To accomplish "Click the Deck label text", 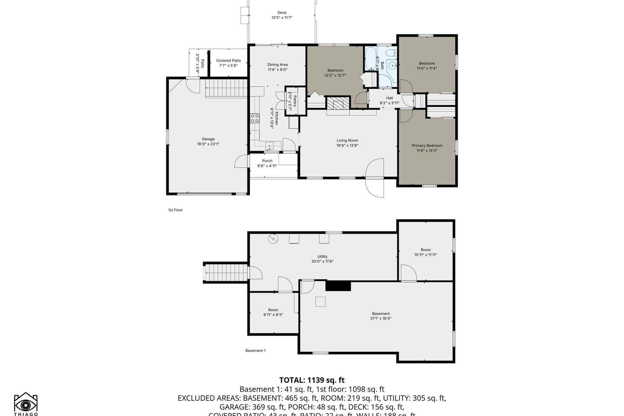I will pyautogui.click(x=282, y=13).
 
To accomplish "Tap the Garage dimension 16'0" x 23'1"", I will pyautogui.click(x=208, y=144).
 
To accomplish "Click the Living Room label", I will pyautogui.click(x=347, y=140).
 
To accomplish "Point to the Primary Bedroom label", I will pyautogui.click(x=427, y=146).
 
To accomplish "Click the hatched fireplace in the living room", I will pyautogui.click(x=338, y=103).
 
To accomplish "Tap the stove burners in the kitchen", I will pyautogui.click(x=255, y=118).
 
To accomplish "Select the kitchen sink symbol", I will pyautogui.click(x=270, y=145).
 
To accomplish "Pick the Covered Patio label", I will pyautogui.click(x=228, y=61).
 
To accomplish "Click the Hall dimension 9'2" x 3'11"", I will pyautogui.click(x=389, y=103).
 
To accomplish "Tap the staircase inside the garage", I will pyautogui.click(x=226, y=88).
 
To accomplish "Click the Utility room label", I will pyautogui.click(x=322, y=257).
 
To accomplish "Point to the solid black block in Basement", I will pyautogui.click(x=338, y=286).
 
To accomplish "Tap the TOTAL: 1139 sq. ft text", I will pyautogui.click(x=312, y=380).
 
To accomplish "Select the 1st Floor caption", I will pyautogui.click(x=175, y=210).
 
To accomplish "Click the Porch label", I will pyautogui.click(x=267, y=161).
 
